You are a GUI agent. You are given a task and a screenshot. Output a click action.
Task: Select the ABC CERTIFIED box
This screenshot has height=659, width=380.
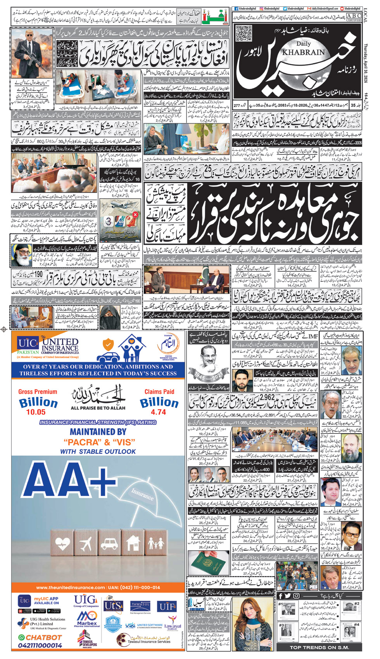353,17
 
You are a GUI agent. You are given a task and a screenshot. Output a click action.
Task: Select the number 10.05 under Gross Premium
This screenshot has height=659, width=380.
36,412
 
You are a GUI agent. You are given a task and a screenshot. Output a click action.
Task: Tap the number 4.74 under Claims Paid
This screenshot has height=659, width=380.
159,412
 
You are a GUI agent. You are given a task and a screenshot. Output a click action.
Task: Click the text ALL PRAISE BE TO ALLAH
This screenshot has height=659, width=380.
98,408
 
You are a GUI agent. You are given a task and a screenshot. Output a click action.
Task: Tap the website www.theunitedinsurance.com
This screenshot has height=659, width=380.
70,588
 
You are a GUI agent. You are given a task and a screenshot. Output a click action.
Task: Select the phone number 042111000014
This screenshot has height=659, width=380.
40,645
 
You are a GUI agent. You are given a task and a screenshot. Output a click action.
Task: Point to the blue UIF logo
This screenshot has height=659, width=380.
168,607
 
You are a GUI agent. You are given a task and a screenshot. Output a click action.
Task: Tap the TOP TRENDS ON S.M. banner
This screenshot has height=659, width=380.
319,647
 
